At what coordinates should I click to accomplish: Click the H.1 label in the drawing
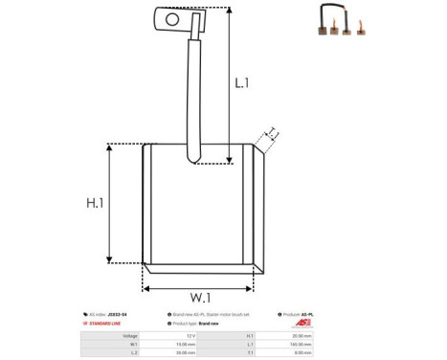pos(93,203)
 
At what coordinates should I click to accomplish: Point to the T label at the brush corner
pos(272,132)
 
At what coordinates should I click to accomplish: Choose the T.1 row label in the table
pos(250,352)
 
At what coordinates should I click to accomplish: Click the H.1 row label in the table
pos(250,336)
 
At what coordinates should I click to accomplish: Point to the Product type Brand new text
pos(202,325)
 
